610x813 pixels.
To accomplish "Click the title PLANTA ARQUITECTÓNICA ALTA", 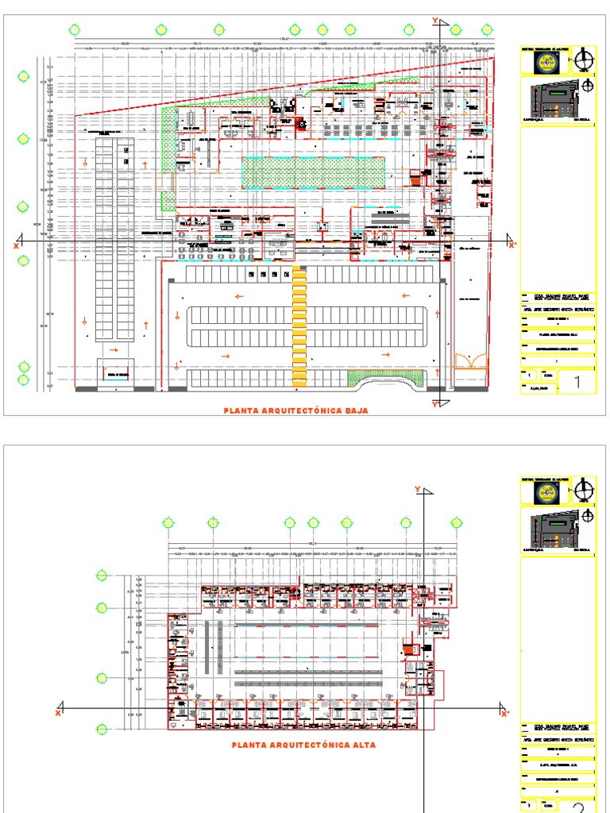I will pyautogui.click(x=304, y=746).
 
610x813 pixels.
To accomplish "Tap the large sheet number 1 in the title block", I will pyautogui.click(x=577, y=383).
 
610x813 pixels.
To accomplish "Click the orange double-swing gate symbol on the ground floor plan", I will pyautogui.click(x=470, y=361).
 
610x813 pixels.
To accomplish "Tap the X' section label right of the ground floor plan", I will pyautogui.click(x=512, y=245).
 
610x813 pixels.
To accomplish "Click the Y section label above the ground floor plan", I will pyautogui.click(x=434, y=20).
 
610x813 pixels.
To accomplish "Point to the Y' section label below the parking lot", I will pyautogui.click(x=435, y=404).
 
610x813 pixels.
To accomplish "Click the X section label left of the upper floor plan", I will pyautogui.click(x=58, y=714).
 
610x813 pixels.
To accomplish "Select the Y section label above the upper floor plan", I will pyautogui.click(x=416, y=488).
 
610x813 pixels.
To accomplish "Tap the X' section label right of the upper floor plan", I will pyautogui.click(x=504, y=714).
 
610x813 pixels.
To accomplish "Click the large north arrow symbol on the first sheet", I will pyautogui.click(x=585, y=59).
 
